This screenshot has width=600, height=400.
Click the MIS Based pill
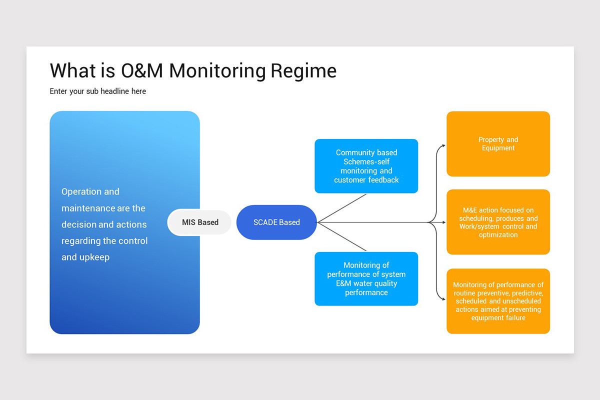pos(199,222)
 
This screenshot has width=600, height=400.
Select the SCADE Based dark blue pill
pos(276,222)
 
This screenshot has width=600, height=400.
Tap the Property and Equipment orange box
pos(498,144)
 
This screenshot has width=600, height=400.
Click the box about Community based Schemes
pos(366,166)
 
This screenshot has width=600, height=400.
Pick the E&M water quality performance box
pos(366,278)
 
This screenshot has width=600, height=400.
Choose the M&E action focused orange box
pos(498,222)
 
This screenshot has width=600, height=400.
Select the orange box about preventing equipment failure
pos(498,301)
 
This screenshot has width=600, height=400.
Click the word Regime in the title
pos(303,71)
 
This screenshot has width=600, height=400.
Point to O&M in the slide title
pos(142,70)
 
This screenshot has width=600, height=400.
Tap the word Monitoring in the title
pos(217,71)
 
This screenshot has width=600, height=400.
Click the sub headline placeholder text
pos(98,91)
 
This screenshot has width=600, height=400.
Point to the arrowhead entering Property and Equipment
pos(444,145)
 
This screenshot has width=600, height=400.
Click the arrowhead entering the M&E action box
pos(444,222)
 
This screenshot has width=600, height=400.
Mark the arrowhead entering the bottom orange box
pos(444,299)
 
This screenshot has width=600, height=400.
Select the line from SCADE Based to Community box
pos(342,208)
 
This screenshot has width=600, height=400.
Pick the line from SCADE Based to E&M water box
pos(342,236)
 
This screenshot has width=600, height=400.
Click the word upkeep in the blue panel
pos(94,257)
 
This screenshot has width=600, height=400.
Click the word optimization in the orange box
pos(498,234)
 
